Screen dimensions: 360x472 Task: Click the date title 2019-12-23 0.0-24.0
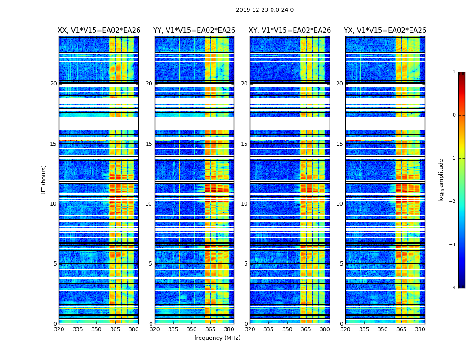click(264, 10)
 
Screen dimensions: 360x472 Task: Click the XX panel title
click(99, 31)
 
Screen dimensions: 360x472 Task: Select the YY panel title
click(194, 31)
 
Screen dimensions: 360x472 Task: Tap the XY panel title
click(290, 31)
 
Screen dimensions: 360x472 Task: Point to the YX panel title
click(385, 31)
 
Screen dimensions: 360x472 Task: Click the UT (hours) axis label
click(44, 180)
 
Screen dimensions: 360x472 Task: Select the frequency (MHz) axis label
click(217, 338)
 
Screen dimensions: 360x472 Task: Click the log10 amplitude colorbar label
click(441, 180)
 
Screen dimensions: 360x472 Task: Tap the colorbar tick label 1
click(454, 72)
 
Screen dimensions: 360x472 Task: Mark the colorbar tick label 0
click(454, 115)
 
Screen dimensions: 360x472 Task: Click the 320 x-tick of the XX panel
click(59, 329)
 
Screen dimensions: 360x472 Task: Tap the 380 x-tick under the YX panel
click(420, 329)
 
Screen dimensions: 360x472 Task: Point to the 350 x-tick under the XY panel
click(287, 329)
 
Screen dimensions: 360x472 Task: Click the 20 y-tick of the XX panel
click(53, 84)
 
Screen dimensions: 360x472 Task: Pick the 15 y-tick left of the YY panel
click(149, 144)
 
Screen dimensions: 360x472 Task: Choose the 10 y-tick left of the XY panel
click(244, 204)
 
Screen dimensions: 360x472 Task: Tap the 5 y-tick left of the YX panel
click(341, 264)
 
